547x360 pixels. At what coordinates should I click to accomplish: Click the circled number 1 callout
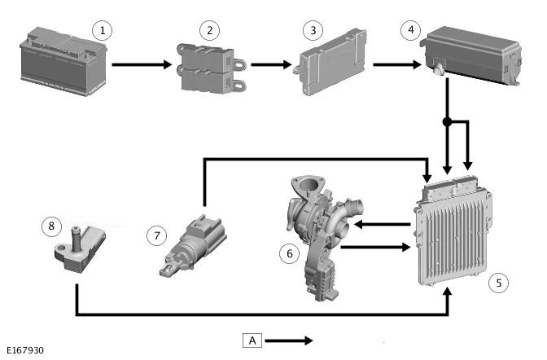(102, 31)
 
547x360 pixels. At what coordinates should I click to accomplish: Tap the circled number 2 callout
(210, 31)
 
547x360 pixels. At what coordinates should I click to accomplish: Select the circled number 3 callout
(311, 31)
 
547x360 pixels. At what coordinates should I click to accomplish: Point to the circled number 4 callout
(411, 31)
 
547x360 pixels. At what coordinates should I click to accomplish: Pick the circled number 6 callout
(287, 253)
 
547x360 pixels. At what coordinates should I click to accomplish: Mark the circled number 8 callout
(50, 225)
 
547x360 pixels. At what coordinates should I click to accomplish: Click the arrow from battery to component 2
(142, 64)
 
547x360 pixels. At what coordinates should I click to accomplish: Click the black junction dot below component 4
(447, 122)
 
